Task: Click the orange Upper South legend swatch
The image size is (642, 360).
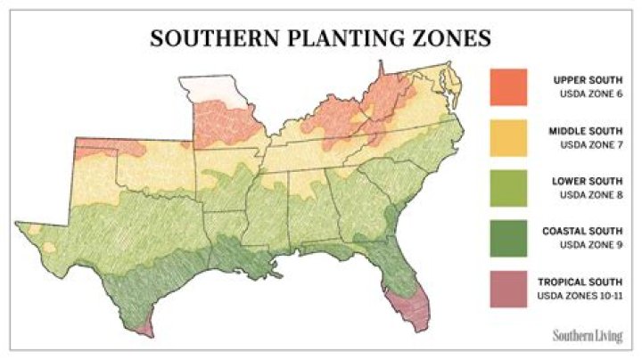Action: tap(509, 86)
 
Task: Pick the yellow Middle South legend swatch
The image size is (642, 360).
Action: tap(509, 137)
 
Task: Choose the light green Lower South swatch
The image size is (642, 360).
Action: tap(509, 188)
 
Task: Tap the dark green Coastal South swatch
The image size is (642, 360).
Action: tap(509, 239)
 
